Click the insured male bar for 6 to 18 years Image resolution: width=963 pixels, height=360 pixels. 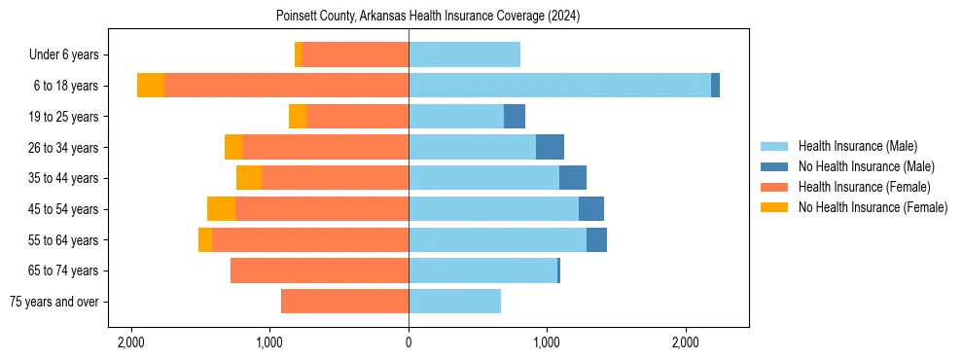559,86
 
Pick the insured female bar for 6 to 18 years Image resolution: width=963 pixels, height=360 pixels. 286,86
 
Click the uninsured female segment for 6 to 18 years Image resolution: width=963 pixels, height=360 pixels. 151,86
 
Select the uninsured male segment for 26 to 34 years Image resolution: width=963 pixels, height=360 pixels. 550,147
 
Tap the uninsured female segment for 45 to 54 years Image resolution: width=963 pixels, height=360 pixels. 221,209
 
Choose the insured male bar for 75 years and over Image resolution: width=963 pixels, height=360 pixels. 454,302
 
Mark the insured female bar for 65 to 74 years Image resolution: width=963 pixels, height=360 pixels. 319,270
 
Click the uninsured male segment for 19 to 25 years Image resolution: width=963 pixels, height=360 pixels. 515,117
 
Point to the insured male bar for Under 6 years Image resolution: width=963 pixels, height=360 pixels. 464,54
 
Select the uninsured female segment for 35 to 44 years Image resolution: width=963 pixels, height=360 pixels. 249,178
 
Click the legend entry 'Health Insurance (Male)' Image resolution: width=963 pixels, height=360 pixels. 857,146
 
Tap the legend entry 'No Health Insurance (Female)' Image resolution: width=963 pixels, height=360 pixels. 873,207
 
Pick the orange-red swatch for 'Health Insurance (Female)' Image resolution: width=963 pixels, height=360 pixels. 774,187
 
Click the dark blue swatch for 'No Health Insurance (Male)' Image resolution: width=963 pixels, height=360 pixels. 774,166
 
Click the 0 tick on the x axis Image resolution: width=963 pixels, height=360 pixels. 409,342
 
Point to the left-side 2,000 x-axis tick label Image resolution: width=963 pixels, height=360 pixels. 130,342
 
